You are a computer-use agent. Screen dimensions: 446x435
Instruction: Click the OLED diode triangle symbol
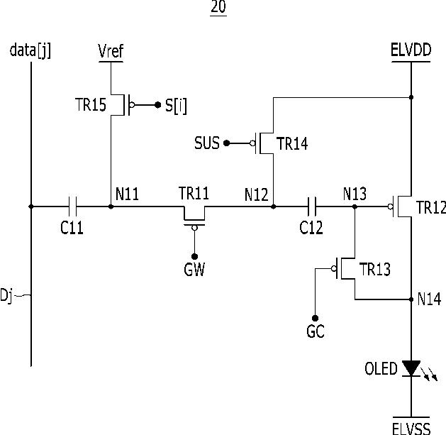411,368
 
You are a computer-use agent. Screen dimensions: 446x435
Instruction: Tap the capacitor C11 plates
72,206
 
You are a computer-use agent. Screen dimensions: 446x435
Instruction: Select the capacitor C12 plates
312,206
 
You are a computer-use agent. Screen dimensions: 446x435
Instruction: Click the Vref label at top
111,51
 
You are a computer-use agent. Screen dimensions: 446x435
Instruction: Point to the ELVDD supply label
411,50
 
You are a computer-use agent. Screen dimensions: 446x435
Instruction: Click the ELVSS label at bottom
411,429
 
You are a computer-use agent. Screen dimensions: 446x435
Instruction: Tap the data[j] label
30,50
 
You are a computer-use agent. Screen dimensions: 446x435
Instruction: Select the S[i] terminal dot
157,105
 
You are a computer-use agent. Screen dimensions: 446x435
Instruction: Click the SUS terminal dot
226,143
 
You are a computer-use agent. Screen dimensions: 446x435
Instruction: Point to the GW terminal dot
194,256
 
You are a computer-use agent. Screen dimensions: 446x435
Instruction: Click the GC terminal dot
315,318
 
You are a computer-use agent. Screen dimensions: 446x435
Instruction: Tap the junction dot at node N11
111,207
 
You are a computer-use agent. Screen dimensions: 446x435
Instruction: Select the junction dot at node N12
273,207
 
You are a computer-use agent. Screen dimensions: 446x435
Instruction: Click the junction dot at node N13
355,207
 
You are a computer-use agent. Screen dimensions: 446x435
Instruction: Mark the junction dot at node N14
411,299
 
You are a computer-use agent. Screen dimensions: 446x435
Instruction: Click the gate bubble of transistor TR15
132,105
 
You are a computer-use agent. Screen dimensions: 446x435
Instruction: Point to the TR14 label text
292,143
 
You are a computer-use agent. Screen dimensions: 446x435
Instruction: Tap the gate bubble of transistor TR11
194,228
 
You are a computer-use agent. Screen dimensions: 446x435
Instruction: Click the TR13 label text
375,269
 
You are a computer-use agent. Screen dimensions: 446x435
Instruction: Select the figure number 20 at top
218,7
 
